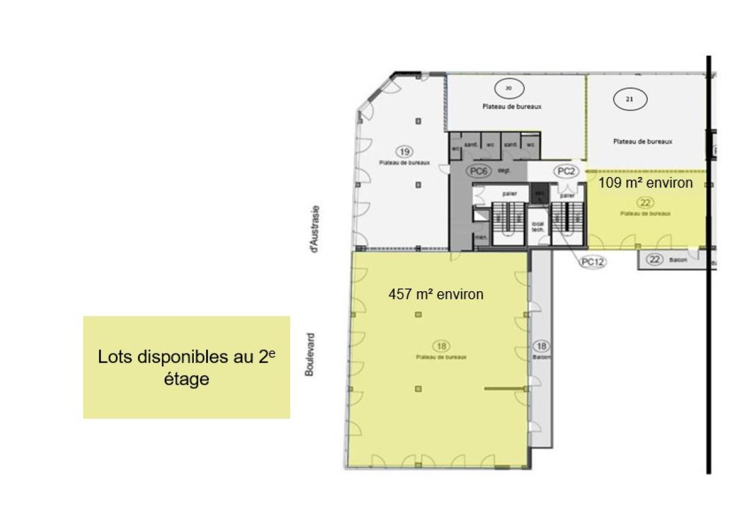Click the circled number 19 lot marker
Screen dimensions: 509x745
tap(404, 151)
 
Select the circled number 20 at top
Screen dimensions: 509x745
tap(508, 89)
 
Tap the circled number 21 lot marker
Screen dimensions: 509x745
tap(629, 99)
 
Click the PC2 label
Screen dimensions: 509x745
tap(566, 171)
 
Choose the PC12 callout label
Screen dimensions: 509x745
tap(593, 262)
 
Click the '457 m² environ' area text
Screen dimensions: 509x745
tap(435, 294)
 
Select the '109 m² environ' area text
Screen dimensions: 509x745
tap(645, 183)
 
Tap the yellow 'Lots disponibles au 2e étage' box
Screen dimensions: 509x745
tap(186, 367)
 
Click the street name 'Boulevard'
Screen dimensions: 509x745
tap(310, 354)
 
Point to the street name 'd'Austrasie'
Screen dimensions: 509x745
tap(314, 228)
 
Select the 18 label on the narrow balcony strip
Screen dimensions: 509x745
tap(540, 345)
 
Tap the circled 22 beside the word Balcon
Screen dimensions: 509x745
tap(655, 260)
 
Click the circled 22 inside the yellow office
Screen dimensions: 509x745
tap(645, 203)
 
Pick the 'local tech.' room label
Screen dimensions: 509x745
tap(538, 227)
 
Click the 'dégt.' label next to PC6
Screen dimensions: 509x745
tap(504, 171)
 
